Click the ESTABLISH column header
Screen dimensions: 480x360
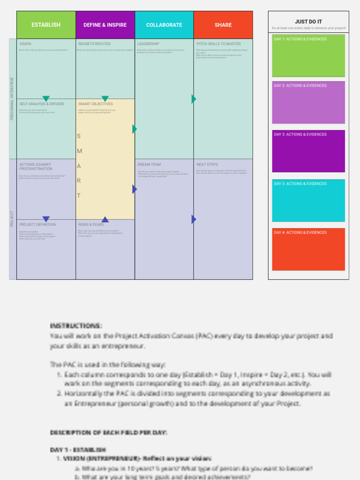pyautogui.click(x=46, y=25)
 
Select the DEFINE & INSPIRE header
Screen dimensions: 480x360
pyautogui.click(x=105, y=25)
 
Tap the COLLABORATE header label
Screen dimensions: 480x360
pyautogui.click(x=164, y=25)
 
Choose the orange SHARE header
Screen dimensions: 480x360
pyautogui.click(x=223, y=25)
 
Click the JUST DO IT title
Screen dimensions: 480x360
pyautogui.click(x=308, y=22)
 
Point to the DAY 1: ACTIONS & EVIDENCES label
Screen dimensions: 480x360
pyautogui.click(x=300, y=39)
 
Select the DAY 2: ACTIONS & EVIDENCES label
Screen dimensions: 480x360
pyautogui.click(x=300, y=86)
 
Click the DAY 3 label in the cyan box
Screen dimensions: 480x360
pyautogui.click(x=300, y=184)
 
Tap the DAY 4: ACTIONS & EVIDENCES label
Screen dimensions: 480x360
pyautogui.click(x=300, y=232)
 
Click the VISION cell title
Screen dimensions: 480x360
pyautogui.click(x=25, y=44)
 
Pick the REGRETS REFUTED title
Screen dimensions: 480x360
pyautogui.click(x=94, y=44)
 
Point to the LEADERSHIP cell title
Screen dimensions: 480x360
pyautogui.click(x=148, y=44)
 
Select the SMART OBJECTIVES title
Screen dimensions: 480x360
pyautogui.click(x=96, y=104)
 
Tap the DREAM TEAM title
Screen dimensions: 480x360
pyautogui.click(x=149, y=165)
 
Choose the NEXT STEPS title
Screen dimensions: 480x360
pyautogui.click(x=207, y=165)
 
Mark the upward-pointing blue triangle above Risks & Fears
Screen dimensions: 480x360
pyautogui.click(x=105, y=219)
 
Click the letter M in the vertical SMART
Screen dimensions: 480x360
pyautogui.click(x=80, y=151)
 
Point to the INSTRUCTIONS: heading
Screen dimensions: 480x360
pyautogui.click(x=76, y=326)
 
